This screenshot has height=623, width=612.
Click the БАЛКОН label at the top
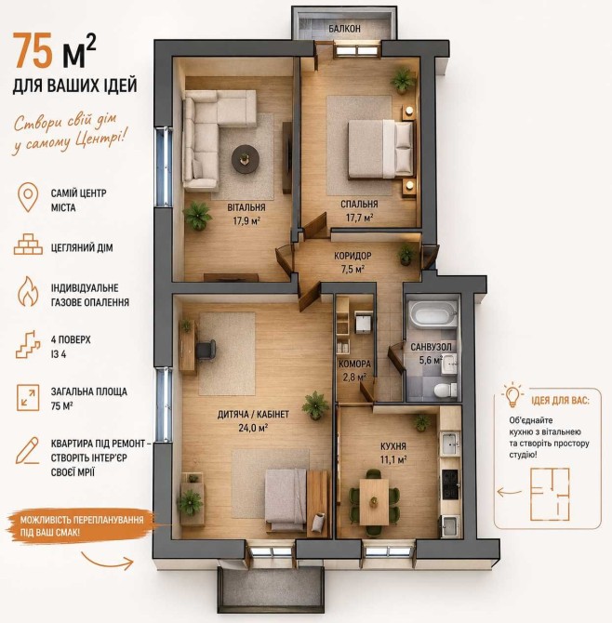(x=344, y=29)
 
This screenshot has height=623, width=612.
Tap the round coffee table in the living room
(x=246, y=158)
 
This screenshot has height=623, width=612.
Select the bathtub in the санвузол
(x=432, y=314)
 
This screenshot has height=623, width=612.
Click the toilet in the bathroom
(x=445, y=390)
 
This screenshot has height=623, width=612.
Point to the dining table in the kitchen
(x=374, y=502)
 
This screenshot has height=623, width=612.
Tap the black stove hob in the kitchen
(x=451, y=484)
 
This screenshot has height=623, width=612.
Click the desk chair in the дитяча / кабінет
(x=206, y=350)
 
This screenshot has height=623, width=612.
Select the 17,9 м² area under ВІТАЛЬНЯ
(x=246, y=220)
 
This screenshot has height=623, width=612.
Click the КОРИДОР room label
(x=353, y=256)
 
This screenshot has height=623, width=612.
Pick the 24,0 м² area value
(x=253, y=428)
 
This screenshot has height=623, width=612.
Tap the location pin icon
(x=28, y=197)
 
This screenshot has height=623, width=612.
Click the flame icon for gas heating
(x=28, y=291)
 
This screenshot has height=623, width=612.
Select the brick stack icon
(x=28, y=244)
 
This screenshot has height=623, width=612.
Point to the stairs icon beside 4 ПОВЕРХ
(x=28, y=344)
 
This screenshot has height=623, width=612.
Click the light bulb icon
(x=512, y=395)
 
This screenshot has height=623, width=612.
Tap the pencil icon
(x=27, y=451)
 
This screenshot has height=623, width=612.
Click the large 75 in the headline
(x=33, y=50)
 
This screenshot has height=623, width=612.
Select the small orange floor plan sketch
(x=550, y=494)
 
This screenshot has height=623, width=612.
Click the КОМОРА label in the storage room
(x=354, y=364)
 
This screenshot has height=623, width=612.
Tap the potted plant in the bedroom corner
(x=403, y=80)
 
